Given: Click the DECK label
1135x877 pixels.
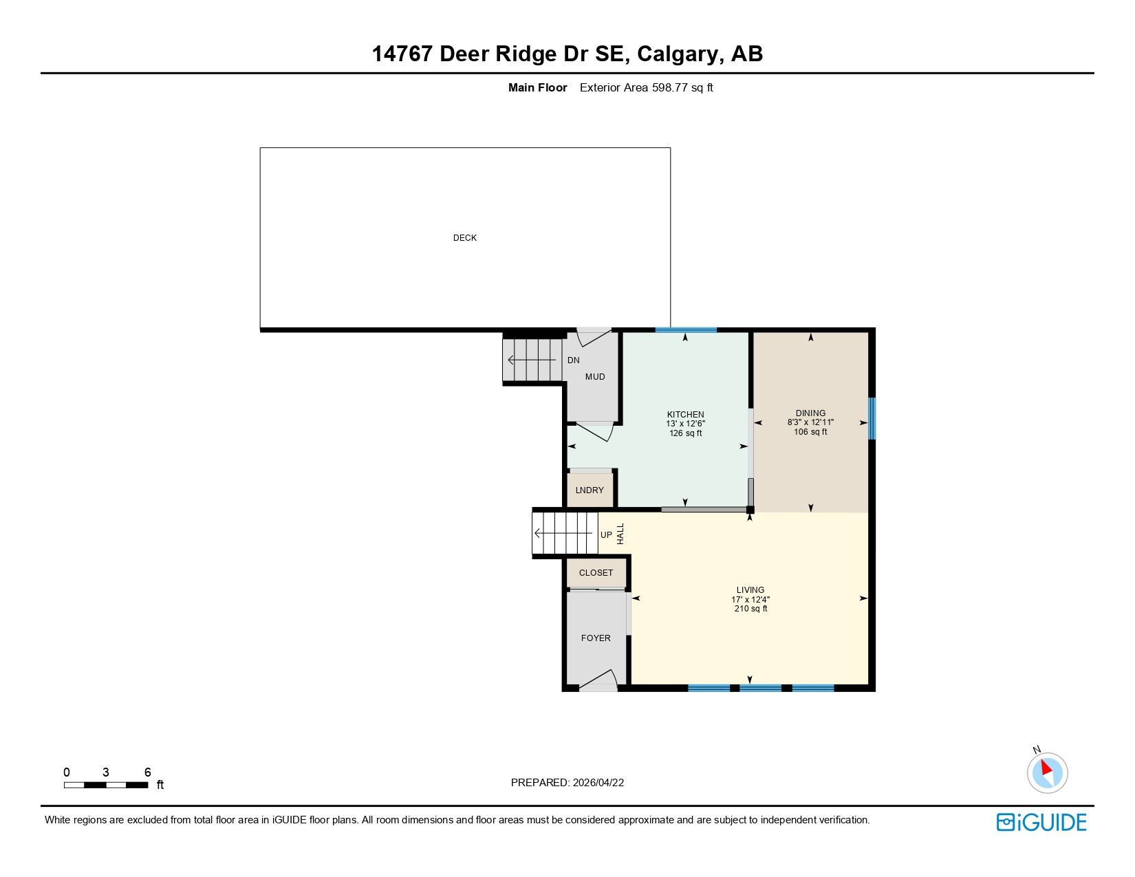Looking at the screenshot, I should click(464, 238).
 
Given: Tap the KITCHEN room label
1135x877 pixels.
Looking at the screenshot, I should click(685, 415).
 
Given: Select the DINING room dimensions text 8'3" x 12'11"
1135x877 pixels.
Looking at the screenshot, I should click(810, 422).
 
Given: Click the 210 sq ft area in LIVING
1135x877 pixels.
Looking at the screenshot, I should click(750, 609).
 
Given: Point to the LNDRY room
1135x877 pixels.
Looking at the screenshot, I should click(590, 490).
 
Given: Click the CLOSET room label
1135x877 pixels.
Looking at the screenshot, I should click(596, 573).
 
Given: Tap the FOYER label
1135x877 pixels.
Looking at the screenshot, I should click(596, 638).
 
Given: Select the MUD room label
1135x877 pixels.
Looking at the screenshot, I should click(595, 377).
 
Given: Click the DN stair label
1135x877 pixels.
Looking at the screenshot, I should click(573, 360).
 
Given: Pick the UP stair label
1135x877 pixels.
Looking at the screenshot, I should click(606, 535).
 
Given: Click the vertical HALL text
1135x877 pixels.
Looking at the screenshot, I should click(620, 534).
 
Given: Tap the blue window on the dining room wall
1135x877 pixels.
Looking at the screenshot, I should click(872, 418).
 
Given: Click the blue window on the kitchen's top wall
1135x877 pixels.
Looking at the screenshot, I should click(686, 330).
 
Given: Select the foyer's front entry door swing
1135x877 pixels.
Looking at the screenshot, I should click(597, 681).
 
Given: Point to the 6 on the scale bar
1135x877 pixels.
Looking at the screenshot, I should click(147, 772).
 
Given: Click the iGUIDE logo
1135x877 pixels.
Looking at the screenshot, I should click(1041, 823).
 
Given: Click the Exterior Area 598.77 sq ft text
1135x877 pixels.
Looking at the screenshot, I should click(646, 88).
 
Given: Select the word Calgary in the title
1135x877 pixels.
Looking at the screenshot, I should click(677, 54).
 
